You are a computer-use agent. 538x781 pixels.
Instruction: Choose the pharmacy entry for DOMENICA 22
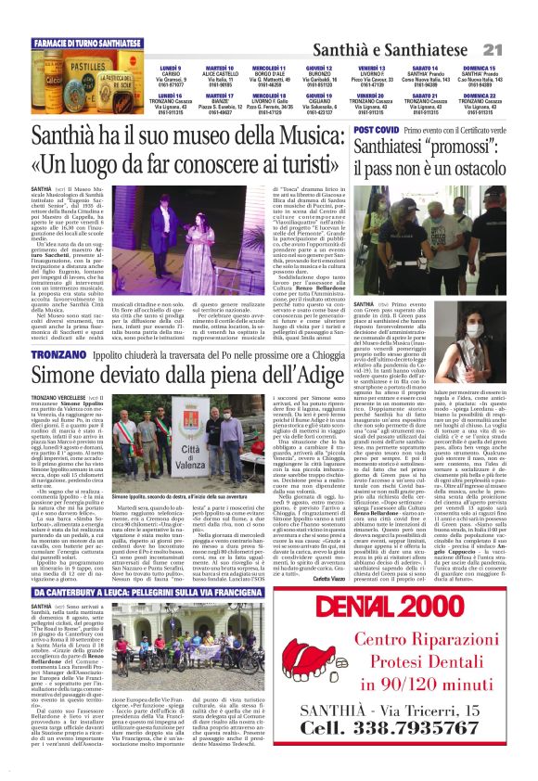coord(480,107)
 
